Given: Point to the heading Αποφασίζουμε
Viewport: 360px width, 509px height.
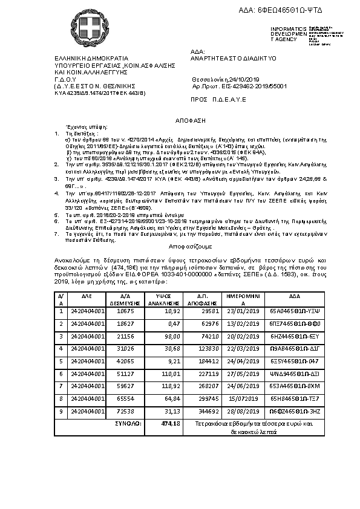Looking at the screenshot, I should coord(180,248).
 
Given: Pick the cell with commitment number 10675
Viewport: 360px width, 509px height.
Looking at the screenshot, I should coord(124,311).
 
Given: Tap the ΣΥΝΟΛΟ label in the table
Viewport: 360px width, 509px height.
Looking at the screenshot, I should coord(128,424).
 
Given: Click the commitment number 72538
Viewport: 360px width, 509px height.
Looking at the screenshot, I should coord(124,411).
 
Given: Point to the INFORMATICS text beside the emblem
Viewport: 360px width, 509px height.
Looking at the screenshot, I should coord(284,29).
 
